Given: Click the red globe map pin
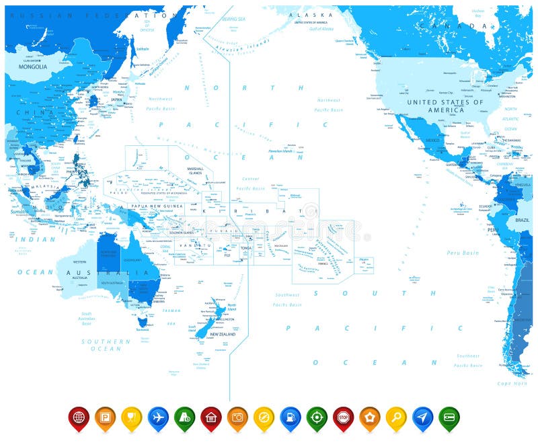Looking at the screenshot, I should [79, 417].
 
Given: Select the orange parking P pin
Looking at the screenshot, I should [105, 417].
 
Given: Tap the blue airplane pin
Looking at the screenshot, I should [158, 417].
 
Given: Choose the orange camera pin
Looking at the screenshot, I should [237, 417].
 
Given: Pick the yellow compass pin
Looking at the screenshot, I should [264, 417].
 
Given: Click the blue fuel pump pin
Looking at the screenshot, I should [290, 417].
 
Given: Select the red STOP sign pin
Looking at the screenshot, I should [343, 417].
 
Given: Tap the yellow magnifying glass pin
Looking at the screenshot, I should [396, 417].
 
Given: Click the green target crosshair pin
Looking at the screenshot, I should [317, 417].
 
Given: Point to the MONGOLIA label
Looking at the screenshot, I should [33, 67].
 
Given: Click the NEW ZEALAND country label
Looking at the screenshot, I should [222, 334].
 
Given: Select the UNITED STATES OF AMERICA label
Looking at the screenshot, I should [445, 106].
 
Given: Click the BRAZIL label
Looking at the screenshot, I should [522, 220].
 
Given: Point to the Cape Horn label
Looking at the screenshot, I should [513, 383].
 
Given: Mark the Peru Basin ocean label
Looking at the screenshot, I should [463, 253].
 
